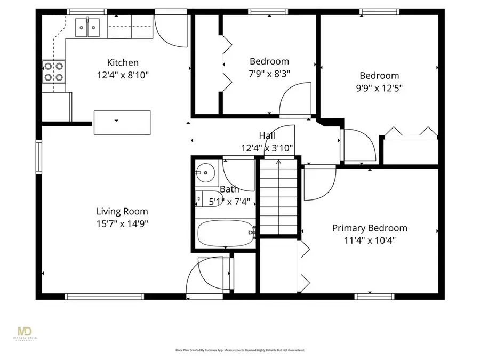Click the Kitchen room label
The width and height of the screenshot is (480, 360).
coord(123,63)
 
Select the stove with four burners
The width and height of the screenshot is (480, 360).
coord(54,71)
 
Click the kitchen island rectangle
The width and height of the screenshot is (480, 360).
coord(122,122)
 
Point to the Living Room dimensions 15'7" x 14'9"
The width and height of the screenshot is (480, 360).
coord(122,223)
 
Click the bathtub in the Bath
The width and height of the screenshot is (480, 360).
coord(226,234)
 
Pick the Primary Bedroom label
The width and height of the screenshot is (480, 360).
coord(370,228)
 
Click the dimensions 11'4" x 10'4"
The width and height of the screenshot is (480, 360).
coord(370,240)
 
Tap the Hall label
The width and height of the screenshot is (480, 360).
coord(267,135)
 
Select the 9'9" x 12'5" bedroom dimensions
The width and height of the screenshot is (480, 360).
coord(379,87)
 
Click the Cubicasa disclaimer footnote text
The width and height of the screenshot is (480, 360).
coord(240,350)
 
